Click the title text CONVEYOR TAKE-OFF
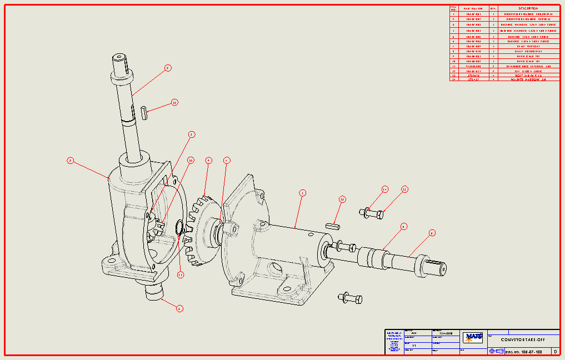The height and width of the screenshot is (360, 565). pyautogui.click(x=522, y=339)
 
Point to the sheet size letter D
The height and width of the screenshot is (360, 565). pyautogui.click(x=555, y=352)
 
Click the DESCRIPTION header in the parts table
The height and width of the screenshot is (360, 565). pyautogui.click(x=528, y=8)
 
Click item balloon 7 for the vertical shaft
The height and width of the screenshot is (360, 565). pyautogui.click(x=167, y=68)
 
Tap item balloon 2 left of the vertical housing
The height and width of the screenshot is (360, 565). pyautogui.click(x=70, y=161)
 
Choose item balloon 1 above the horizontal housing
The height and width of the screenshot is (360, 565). pyautogui.click(x=302, y=193)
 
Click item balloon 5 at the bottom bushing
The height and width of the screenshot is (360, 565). pyautogui.click(x=179, y=308)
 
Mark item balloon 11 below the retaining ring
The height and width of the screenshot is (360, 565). pyautogui.click(x=181, y=274)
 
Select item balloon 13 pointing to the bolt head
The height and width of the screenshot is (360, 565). pyautogui.click(x=404, y=189)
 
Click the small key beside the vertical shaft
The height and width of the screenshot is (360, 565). pyautogui.click(x=144, y=112)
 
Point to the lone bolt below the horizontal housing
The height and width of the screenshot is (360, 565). pyautogui.click(x=350, y=298)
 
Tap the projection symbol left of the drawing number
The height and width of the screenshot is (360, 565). pyautogui.click(x=496, y=352)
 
